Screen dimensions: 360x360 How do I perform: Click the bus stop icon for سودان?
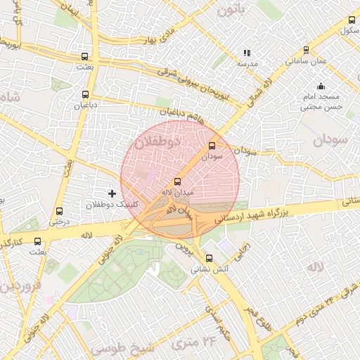[212, 146]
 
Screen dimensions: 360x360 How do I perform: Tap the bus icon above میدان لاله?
[176, 181]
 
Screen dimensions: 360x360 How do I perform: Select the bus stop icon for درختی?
[58, 210]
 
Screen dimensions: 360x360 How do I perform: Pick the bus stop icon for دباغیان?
[85, 94]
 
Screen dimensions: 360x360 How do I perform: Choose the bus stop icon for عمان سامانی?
[306, 50]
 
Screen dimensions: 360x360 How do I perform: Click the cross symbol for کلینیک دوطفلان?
[111, 193]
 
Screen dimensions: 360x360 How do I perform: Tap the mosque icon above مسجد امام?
[321, 86]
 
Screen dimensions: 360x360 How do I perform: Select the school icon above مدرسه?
[246, 52]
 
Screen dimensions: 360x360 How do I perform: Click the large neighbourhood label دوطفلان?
[157, 142]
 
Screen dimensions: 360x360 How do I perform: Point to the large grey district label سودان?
[330, 140]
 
